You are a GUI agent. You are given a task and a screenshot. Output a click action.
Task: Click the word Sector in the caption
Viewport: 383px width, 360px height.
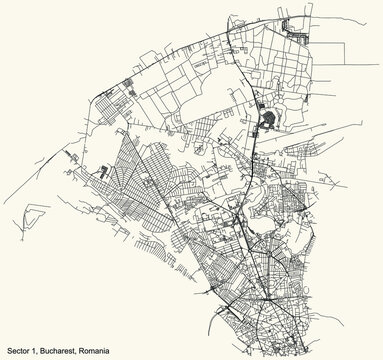[17, 350]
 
